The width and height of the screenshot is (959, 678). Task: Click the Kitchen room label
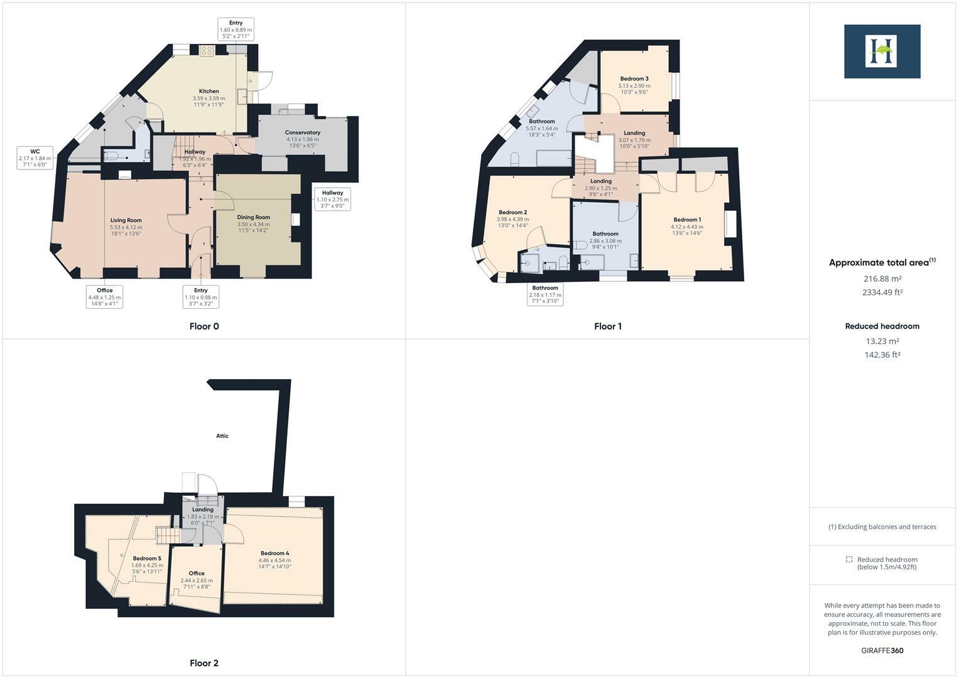click(209, 92)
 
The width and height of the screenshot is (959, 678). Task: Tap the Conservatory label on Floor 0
click(302, 132)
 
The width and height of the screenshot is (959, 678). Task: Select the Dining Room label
click(253, 217)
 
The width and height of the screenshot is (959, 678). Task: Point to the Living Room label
click(126, 220)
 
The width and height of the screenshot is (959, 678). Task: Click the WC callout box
click(35, 158)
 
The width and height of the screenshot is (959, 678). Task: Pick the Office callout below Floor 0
click(104, 296)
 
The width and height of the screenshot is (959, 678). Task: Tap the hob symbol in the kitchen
click(207, 51)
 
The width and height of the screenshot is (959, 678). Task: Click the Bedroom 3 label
click(634, 79)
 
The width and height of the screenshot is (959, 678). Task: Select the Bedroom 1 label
click(686, 220)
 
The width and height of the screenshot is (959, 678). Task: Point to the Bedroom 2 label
click(512, 212)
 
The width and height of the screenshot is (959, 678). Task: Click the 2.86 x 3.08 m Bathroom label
click(605, 234)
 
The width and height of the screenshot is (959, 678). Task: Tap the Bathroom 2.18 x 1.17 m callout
click(545, 294)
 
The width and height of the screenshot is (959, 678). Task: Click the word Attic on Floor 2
click(222, 436)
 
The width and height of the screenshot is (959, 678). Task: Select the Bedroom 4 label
click(274, 553)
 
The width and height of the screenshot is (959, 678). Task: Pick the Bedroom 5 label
click(147, 558)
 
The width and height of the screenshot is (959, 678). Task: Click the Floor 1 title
click(607, 326)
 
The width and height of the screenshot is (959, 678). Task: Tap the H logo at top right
click(882, 51)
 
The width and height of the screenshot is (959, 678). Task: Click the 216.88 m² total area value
click(882, 279)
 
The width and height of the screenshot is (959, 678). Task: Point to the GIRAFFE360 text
click(882, 650)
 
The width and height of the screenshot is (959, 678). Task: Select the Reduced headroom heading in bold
click(882, 326)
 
